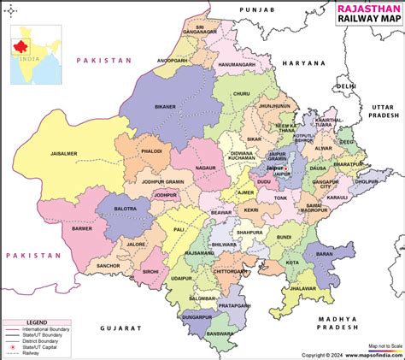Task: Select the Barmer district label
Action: pyautogui.click(x=81, y=229)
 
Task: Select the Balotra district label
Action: pyautogui.click(x=113, y=208)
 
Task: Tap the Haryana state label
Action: pyautogui.click(x=306, y=63)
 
